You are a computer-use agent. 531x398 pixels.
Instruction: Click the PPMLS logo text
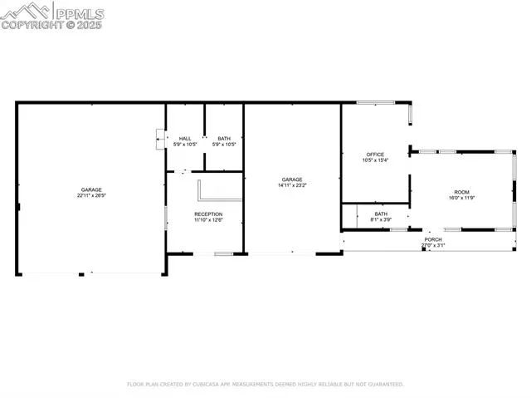(80, 12)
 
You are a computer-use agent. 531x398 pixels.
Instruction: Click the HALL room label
(185, 139)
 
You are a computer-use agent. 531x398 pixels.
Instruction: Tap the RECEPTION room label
(209, 214)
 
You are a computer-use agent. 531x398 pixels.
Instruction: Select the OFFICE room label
(375, 155)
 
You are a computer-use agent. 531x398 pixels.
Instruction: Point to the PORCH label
(433, 239)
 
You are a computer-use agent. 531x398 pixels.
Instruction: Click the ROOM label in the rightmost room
(460, 192)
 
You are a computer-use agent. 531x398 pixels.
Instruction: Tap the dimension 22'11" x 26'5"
(91, 196)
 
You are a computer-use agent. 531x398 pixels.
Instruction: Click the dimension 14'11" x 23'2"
(291, 185)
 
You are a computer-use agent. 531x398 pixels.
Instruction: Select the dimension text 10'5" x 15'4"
(375, 160)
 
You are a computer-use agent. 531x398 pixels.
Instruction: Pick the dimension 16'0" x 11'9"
(460, 198)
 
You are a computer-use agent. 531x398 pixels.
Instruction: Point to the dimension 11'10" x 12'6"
(209, 220)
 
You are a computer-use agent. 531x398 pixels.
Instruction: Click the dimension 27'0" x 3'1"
(433, 245)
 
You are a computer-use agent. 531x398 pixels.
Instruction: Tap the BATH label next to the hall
(224, 139)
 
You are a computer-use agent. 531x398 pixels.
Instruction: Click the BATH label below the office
(380, 214)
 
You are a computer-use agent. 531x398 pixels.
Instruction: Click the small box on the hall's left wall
(160, 139)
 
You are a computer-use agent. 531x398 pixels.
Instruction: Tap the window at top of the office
(376, 103)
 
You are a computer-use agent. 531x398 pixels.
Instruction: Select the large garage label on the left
(91, 190)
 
